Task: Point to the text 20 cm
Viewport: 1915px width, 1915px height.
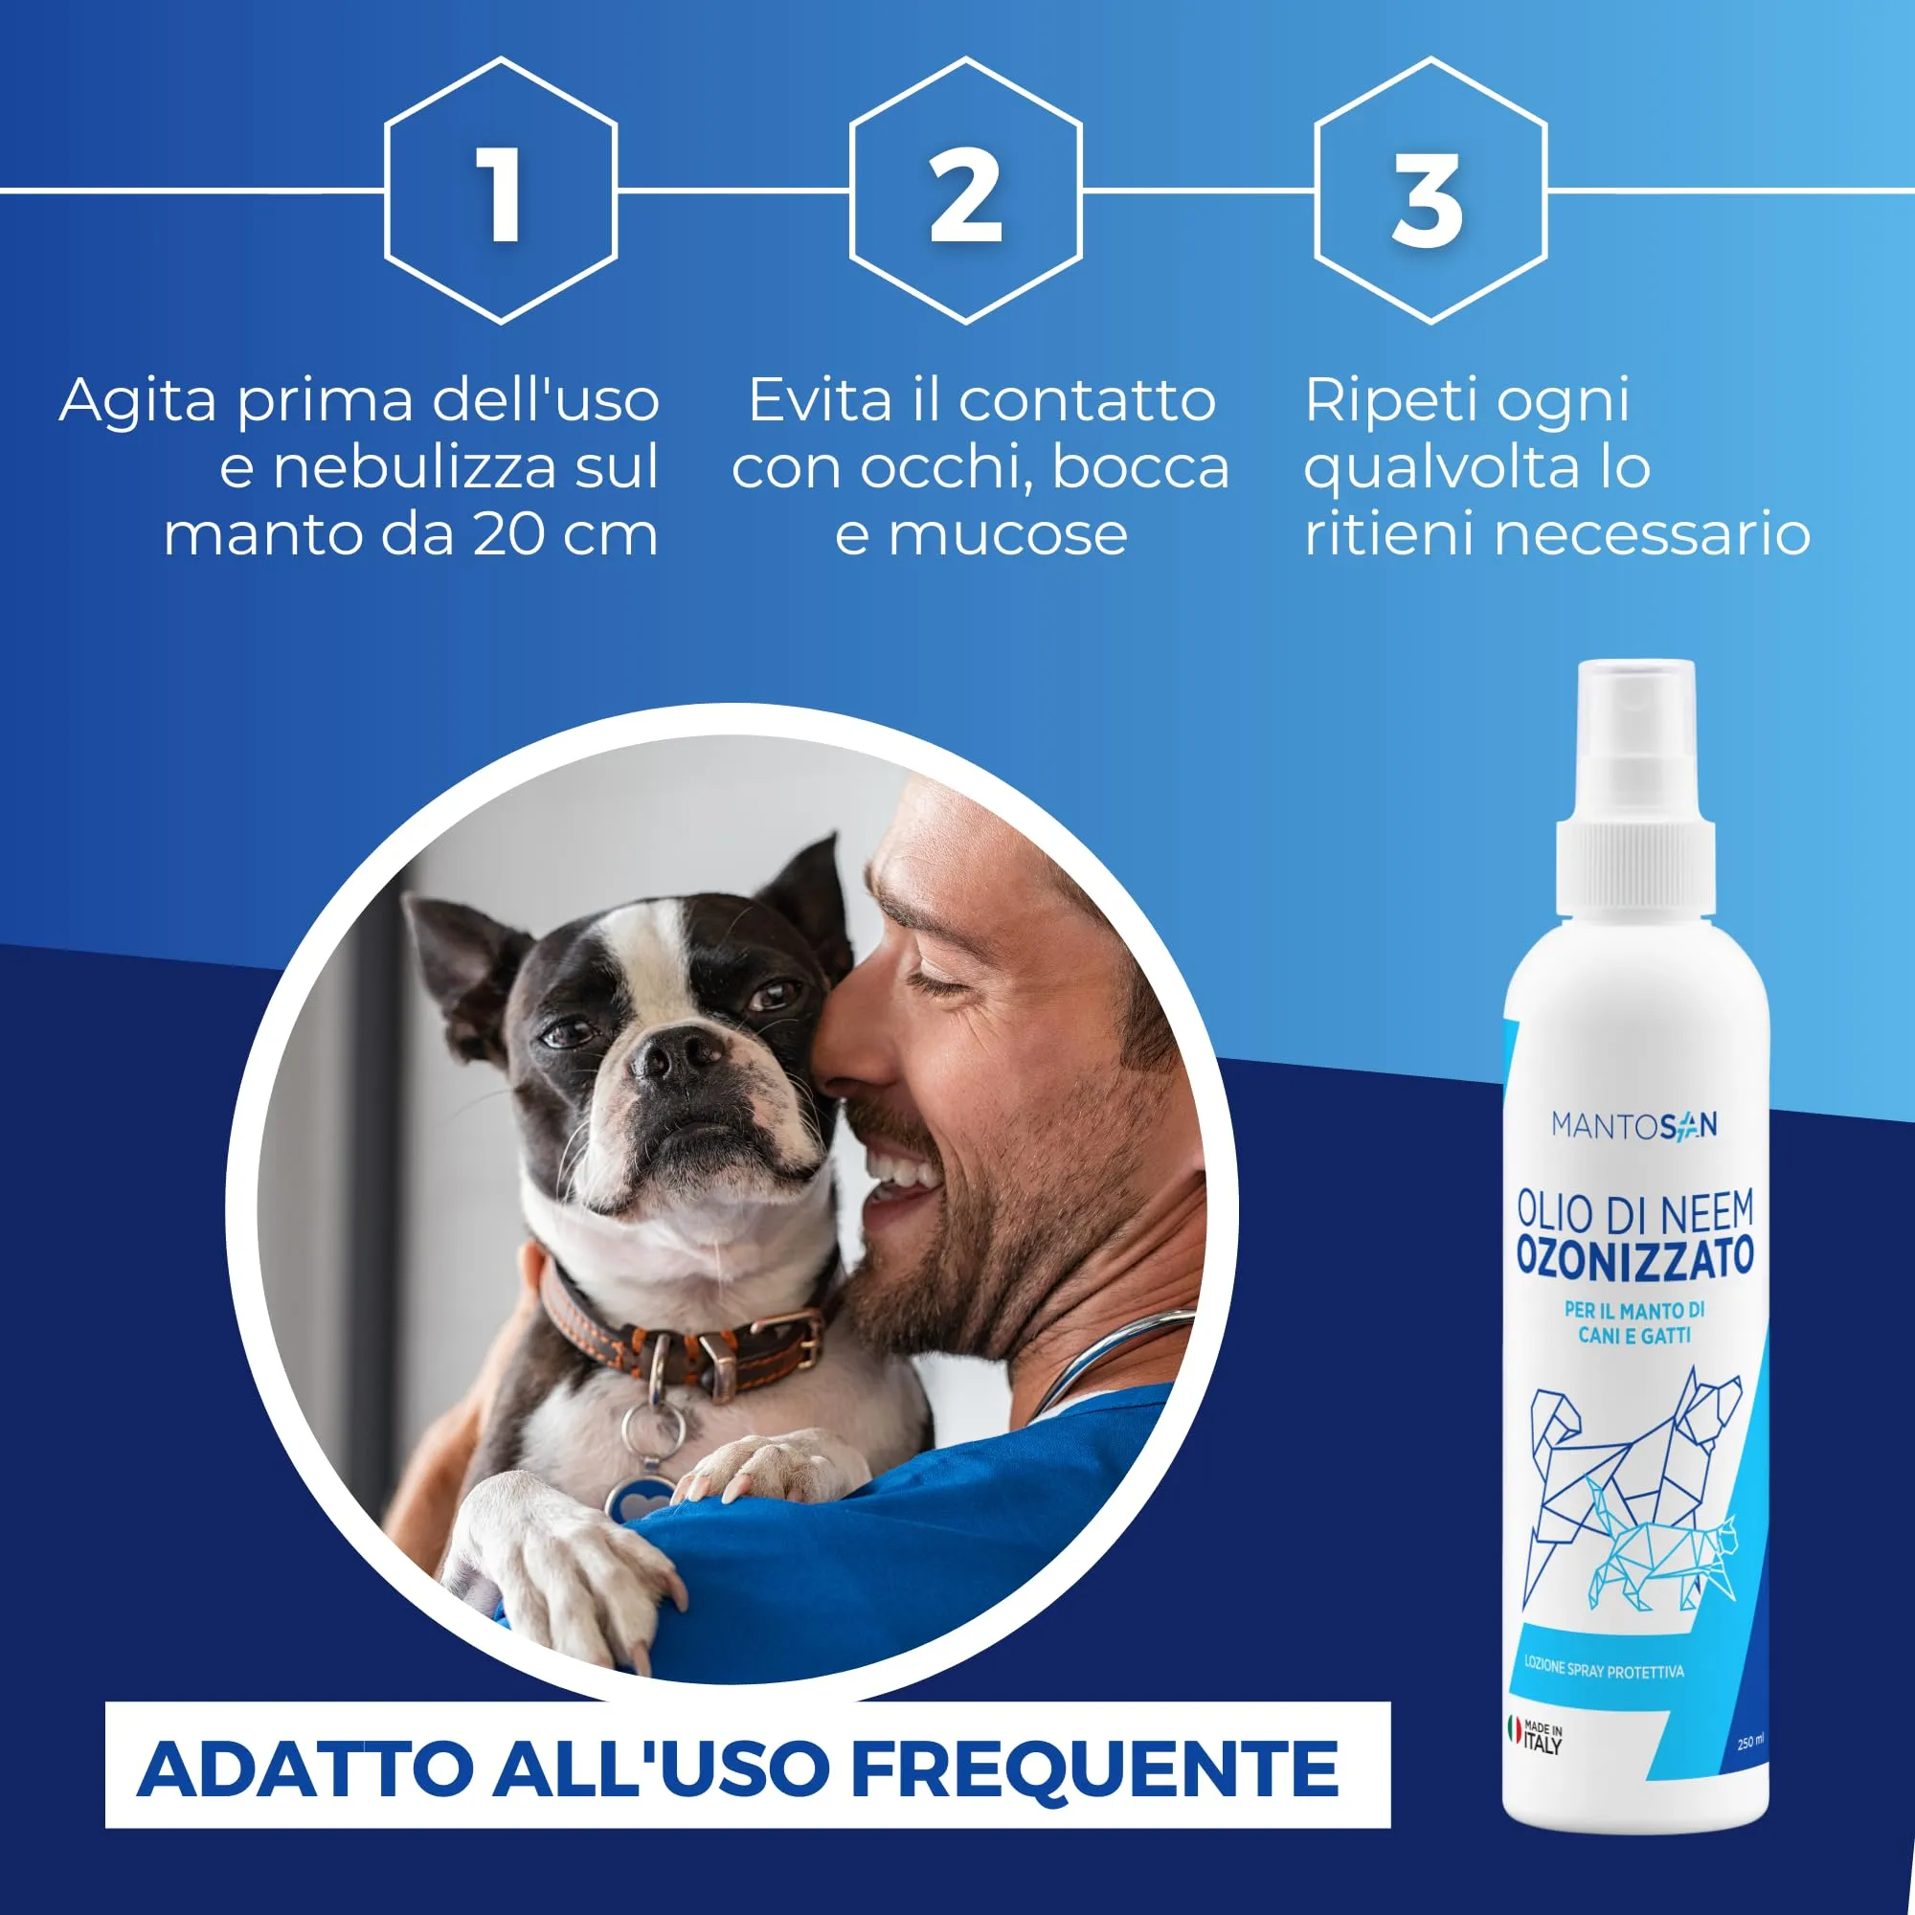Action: pyautogui.click(x=564, y=534)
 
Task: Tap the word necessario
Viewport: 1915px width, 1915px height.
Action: pyautogui.click(x=1652, y=535)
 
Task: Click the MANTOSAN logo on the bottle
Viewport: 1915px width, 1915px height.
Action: pyautogui.click(x=1634, y=1126)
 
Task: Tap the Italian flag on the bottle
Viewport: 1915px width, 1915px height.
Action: pyautogui.click(x=1514, y=1729)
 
